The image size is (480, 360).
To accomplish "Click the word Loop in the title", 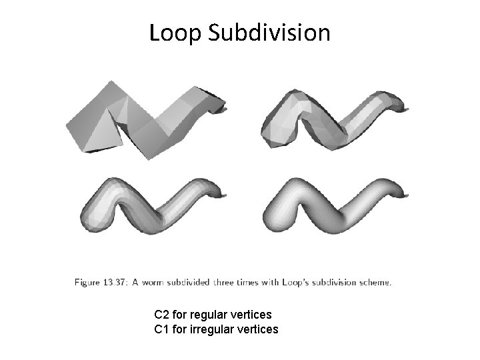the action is pos(175,32).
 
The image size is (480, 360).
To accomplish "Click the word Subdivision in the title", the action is pos(269,32).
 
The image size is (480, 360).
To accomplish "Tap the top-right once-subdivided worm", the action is pos(333,120).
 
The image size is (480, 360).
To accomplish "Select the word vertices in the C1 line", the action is pos(258,329).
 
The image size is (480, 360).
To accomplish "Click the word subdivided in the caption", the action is pos(193,282).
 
